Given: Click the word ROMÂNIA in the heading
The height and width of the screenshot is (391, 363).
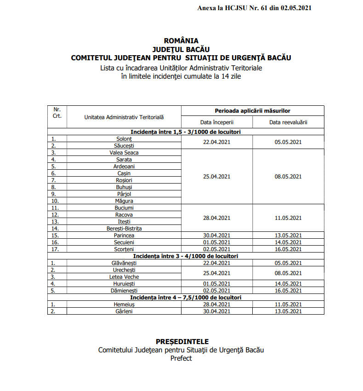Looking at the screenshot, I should [181, 41].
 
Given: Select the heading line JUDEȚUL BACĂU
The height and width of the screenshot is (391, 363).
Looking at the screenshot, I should [181, 49].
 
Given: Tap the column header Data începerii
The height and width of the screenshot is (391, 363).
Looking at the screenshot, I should [216, 122].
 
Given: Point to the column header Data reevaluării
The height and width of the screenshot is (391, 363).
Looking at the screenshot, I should [288, 122].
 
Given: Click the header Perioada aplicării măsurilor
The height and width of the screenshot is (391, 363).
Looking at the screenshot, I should [252, 111].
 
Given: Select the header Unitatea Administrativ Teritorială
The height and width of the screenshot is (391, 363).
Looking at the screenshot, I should [124, 117].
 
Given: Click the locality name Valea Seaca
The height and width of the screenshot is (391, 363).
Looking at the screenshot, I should [124, 153].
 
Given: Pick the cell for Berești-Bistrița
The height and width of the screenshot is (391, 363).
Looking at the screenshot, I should [124, 229].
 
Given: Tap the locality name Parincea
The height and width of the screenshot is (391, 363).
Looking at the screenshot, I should [124, 236].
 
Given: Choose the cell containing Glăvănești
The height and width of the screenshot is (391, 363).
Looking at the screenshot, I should [124, 263].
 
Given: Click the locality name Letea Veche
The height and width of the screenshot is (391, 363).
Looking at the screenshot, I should [124, 277].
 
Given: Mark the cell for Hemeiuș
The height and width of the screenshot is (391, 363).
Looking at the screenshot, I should [124, 305].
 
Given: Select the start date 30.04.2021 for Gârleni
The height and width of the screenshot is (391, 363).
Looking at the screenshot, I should [216, 311].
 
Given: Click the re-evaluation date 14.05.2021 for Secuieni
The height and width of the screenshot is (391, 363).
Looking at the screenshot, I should [288, 242].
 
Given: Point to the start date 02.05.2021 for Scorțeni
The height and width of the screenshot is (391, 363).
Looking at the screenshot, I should [216, 249].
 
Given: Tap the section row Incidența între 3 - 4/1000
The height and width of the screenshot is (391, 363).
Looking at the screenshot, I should [186, 256].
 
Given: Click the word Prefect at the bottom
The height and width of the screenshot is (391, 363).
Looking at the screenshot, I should [181, 358].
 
